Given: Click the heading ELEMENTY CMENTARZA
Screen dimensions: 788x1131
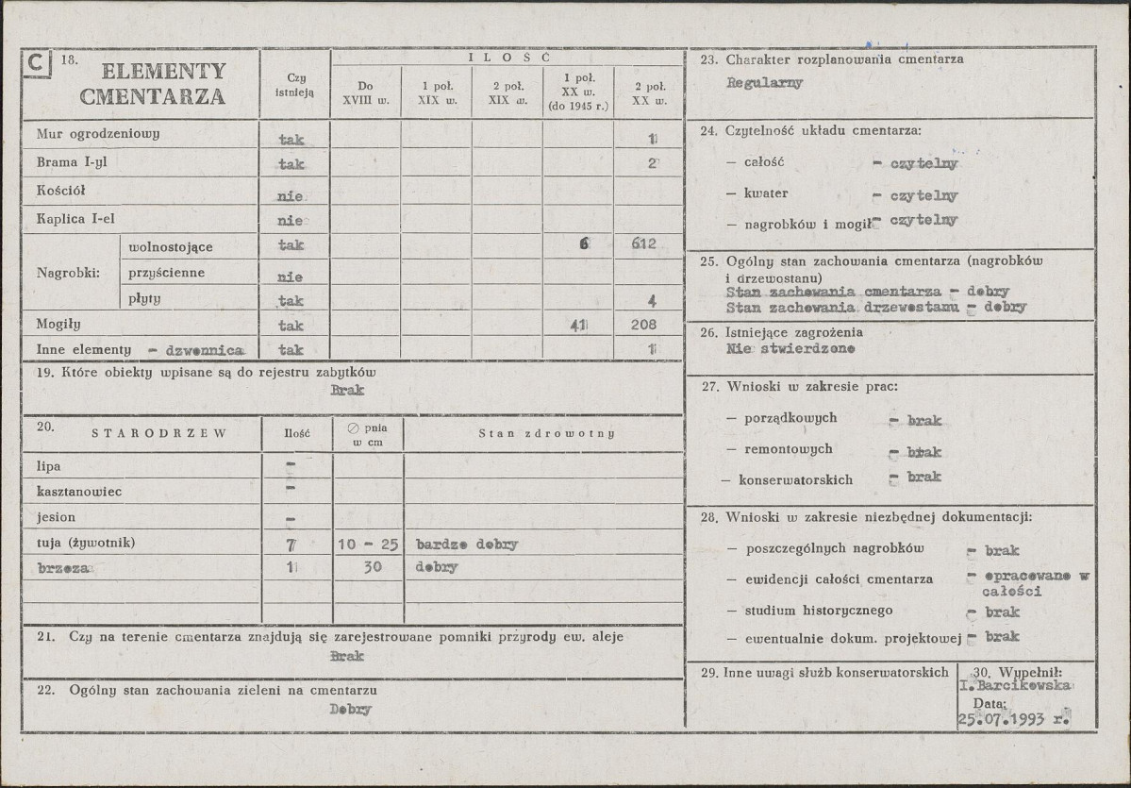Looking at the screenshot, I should (153, 83).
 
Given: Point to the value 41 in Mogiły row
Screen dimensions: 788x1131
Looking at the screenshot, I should (578, 326).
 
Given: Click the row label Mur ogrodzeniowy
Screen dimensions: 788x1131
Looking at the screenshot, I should (98, 133).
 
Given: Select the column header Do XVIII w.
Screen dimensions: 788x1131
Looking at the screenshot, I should (365, 92).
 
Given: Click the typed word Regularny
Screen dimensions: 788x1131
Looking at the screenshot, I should (764, 82).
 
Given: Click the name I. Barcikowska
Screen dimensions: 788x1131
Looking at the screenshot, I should (1014, 686).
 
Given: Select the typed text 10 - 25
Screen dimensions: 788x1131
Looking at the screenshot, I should (368, 545).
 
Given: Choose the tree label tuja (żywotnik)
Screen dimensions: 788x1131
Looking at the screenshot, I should (86, 543).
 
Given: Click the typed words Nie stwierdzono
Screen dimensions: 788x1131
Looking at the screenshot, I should (790, 348).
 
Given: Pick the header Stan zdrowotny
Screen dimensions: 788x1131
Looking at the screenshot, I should (546, 433).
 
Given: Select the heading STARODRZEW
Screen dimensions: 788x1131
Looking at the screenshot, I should (158, 433).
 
